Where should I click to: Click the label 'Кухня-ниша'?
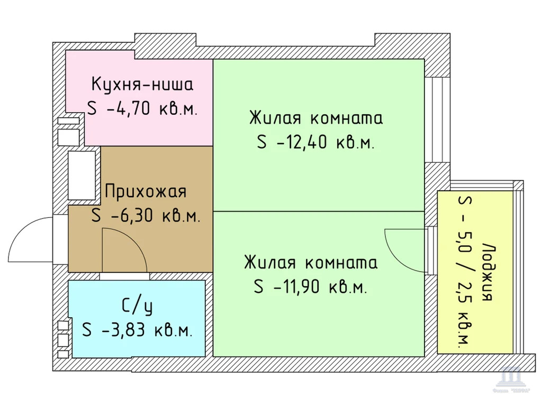click(x=142, y=85)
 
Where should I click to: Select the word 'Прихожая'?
click(x=146, y=191)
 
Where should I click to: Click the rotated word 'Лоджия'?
click(x=488, y=272)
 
